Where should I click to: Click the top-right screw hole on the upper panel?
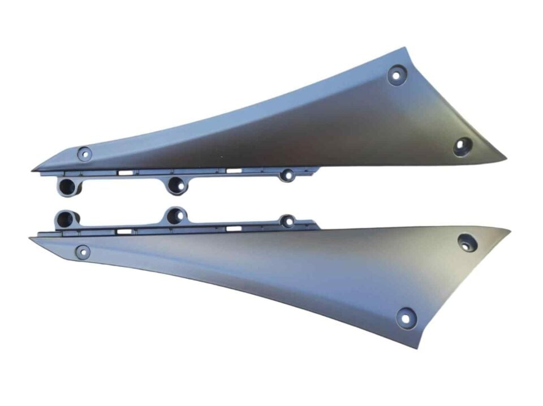point(397,75)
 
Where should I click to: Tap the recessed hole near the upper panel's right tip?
point(463,146)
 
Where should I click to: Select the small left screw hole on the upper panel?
point(84,153)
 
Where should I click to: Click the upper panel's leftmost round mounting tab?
point(68,185)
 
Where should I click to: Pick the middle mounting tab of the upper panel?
point(176,184)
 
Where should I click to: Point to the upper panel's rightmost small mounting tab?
point(288,176)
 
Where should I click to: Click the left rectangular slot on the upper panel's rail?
point(126,171)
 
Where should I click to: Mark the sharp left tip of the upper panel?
point(32,170)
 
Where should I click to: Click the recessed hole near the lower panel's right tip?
point(467,242)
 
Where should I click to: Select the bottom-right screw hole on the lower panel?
point(406,317)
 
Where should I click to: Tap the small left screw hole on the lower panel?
point(83,251)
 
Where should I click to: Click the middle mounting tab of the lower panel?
point(176,215)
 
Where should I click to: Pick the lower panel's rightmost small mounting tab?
point(288,221)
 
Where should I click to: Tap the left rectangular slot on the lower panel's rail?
point(125,231)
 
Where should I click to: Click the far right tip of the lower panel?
point(510,230)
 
